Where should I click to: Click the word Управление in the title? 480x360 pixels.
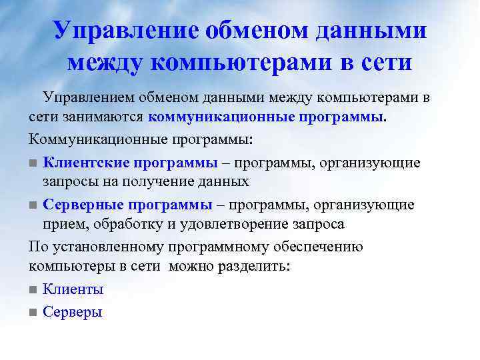(x=117, y=31)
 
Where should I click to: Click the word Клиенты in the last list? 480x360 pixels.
(x=73, y=290)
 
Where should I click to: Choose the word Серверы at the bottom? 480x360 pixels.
(x=72, y=311)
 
